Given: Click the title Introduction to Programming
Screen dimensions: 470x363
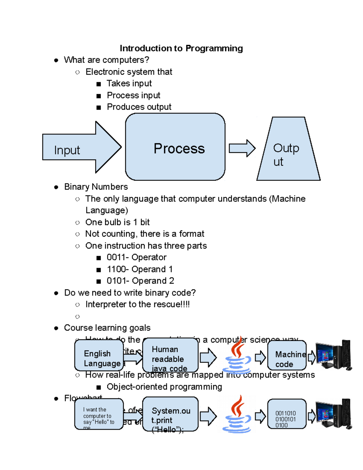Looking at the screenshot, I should point(181,48).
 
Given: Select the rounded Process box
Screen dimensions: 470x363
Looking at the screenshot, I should point(175,147).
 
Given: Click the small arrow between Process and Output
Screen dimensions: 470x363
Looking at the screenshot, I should point(242,148).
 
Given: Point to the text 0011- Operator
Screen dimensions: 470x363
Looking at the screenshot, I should point(136,257).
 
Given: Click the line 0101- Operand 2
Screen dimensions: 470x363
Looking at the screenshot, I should point(140,281).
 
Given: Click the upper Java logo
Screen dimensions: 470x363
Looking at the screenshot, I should point(237,356).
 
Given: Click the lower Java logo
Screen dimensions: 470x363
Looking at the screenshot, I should point(237,415).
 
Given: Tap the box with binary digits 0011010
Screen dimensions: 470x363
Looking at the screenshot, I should point(287,414).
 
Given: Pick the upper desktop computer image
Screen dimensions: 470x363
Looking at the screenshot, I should point(333,355).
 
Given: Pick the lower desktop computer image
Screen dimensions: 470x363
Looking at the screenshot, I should point(333,414).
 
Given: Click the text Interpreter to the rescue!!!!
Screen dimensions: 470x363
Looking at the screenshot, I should point(137,304).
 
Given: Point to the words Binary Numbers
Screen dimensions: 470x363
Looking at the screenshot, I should point(96,187).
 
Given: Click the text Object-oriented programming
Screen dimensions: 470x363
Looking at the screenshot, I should point(164,387).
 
